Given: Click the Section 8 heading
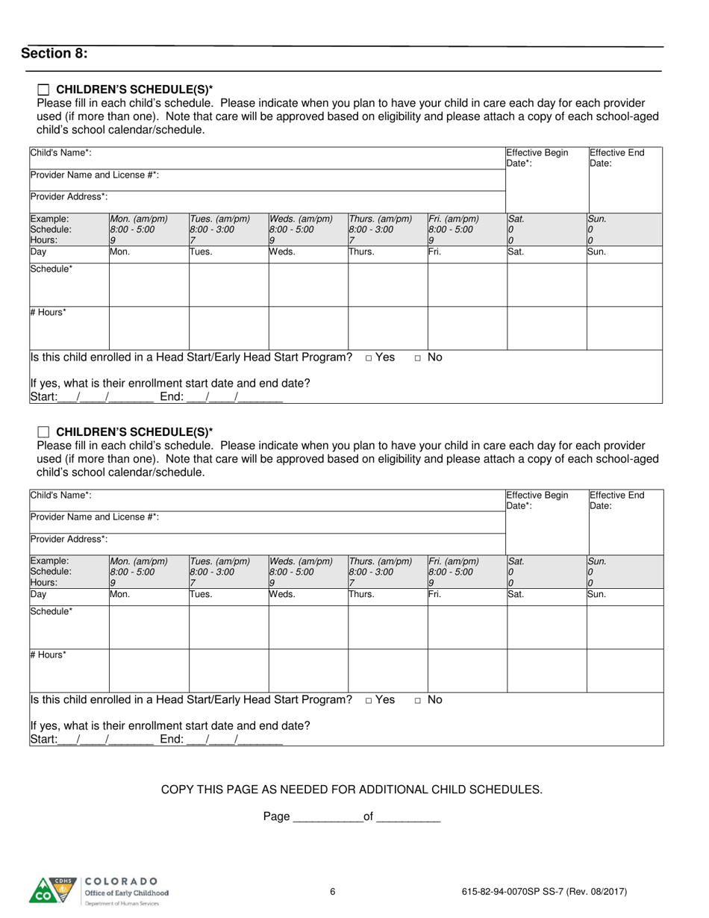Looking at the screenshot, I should [x=54, y=54].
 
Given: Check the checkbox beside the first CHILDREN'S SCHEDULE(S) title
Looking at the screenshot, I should [x=43, y=88].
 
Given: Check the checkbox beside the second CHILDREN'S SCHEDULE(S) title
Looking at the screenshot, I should [x=43, y=431].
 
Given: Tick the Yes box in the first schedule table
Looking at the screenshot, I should [x=369, y=358].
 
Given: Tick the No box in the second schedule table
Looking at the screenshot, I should [x=419, y=701].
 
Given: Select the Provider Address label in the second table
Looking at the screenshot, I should [x=69, y=539].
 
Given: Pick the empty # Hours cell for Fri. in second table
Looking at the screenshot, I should [x=466, y=670].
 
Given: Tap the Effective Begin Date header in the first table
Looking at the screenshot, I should [x=537, y=157].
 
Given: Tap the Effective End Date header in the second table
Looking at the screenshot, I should [x=616, y=500].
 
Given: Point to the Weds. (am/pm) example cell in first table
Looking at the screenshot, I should [x=307, y=230].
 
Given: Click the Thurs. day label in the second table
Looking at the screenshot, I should [x=362, y=596].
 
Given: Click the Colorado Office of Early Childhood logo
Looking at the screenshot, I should [x=99, y=891].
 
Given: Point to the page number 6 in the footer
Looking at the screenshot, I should [x=333, y=891].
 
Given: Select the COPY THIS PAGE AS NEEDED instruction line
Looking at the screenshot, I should [x=352, y=790].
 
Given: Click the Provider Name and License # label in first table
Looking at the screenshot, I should [x=94, y=175].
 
